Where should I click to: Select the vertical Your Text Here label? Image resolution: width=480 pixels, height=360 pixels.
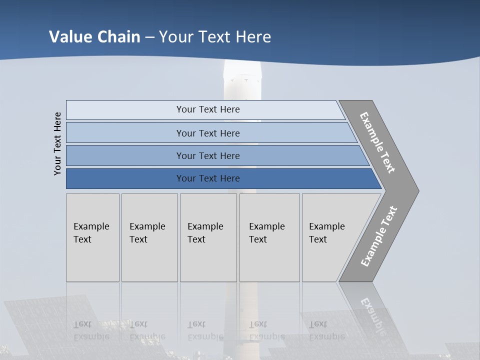pos(57,143)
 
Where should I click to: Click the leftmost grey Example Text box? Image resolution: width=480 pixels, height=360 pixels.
pos(92,237)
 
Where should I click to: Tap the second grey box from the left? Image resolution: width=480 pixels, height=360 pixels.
pos(149,237)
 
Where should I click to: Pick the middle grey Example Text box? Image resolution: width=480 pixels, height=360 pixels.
pos(208,237)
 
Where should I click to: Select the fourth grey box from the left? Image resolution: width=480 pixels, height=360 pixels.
pos(269,237)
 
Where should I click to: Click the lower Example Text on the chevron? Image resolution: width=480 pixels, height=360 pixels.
pos(379,236)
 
